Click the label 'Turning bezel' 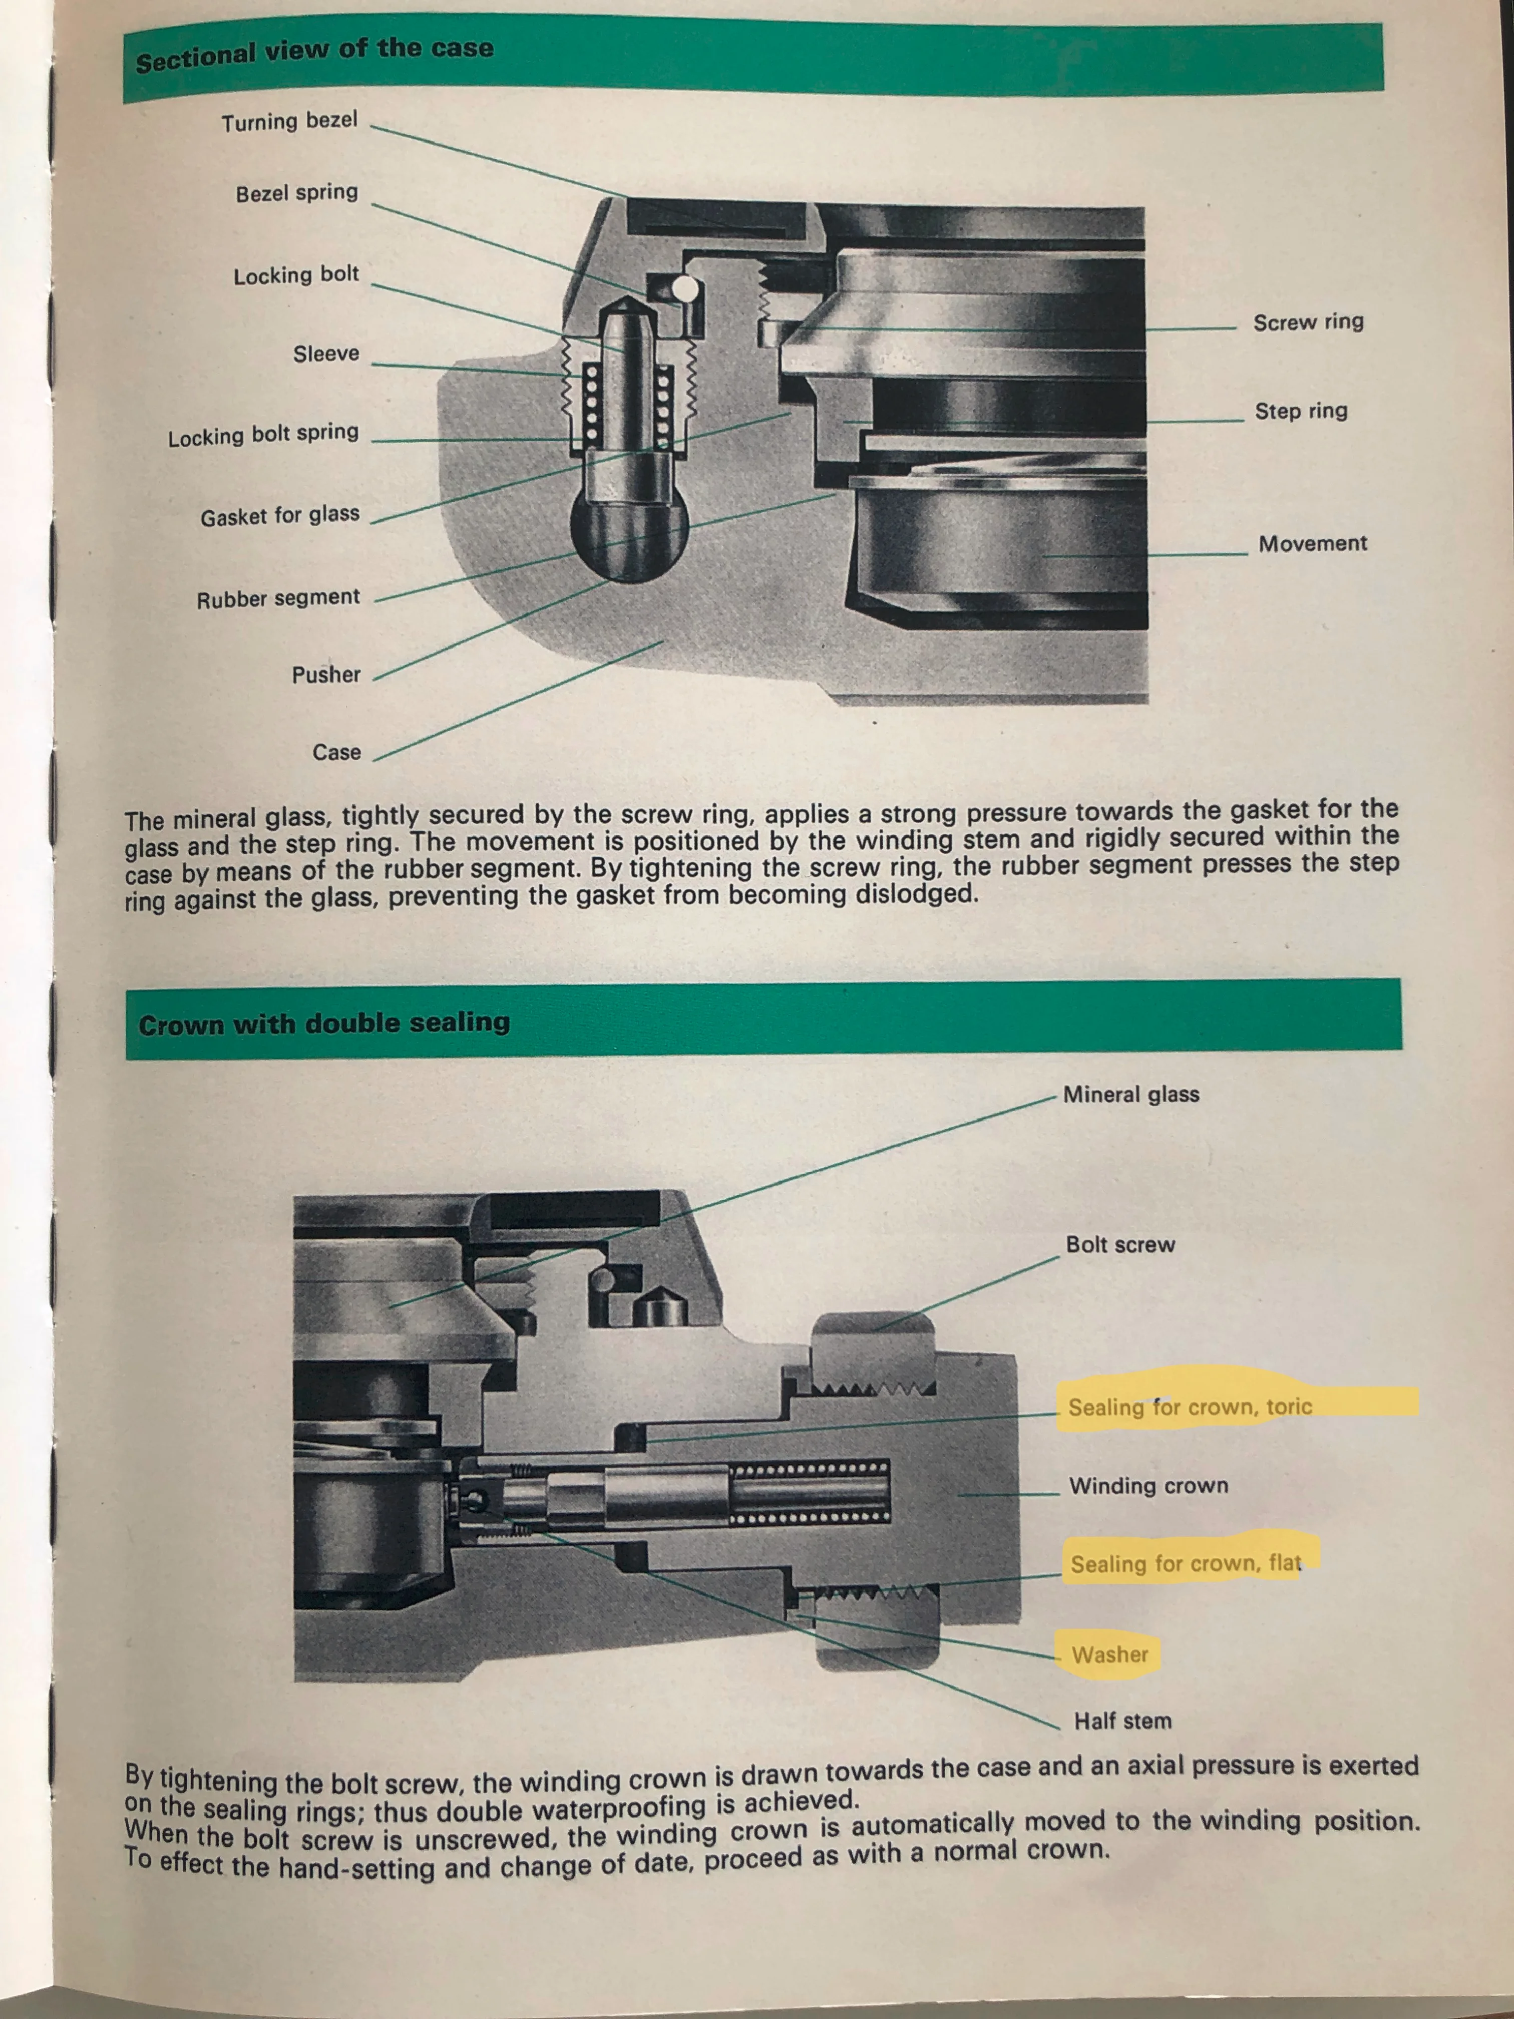[x=289, y=121]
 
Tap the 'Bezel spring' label [x=296, y=193]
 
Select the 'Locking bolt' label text [x=296, y=275]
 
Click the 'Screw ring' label [x=1308, y=322]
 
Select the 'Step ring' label [x=1300, y=411]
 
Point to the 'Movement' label [x=1312, y=544]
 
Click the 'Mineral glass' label [x=1130, y=1095]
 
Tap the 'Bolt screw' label [x=1120, y=1245]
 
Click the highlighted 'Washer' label [x=1110, y=1655]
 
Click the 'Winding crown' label [x=1148, y=1486]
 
